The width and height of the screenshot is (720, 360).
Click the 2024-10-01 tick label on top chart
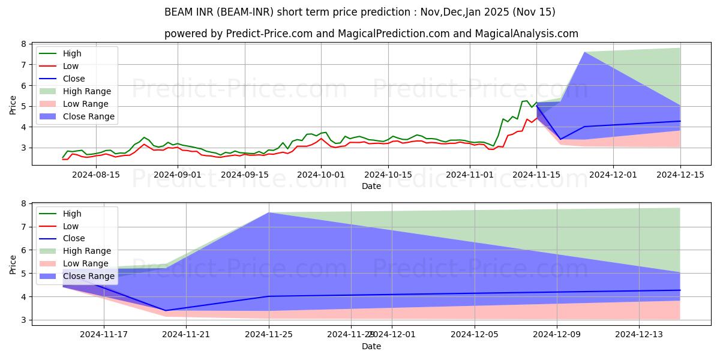tap(321, 175)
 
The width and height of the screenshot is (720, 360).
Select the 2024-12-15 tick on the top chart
tap(680, 175)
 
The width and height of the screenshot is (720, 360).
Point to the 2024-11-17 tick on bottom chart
tap(104, 335)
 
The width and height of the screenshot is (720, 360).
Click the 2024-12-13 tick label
tap(638, 335)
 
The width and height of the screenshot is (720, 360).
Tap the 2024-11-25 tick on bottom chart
tap(269, 335)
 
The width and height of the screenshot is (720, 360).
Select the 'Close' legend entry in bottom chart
tap(74, 239)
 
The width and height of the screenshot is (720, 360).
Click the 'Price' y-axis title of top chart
tap(13, 106)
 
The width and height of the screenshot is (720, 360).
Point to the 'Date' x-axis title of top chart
tap(371, 187)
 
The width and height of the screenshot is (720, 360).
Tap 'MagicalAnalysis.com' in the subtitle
tap(526, 34)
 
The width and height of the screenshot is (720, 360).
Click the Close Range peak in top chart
tap(585, 52)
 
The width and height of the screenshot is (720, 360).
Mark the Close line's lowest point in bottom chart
tap(166, 310)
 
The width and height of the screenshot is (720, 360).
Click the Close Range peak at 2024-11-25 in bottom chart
tap(269, 212)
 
